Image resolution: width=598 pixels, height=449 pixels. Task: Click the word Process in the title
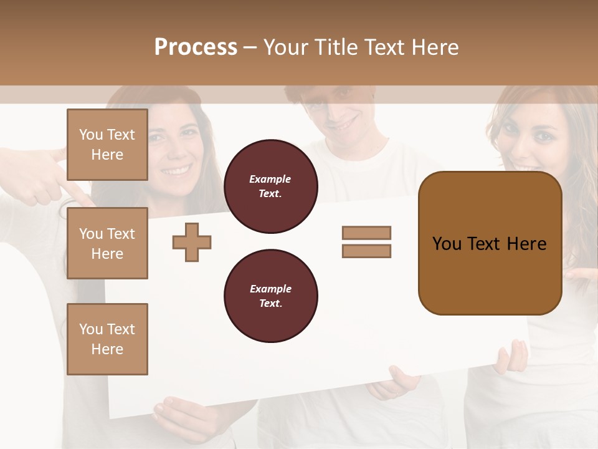196,47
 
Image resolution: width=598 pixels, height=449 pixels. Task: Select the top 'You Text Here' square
107,145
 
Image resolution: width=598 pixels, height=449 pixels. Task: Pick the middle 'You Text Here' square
107,243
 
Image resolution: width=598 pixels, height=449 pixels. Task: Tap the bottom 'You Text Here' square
107,339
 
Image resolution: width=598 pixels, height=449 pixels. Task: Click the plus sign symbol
192,242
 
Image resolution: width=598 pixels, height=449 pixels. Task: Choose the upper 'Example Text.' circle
270,186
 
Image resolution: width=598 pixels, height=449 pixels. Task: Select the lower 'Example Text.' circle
270,296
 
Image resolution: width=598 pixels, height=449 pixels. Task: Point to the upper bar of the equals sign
366,233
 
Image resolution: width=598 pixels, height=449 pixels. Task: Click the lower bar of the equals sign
366,251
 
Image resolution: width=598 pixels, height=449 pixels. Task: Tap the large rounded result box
490,243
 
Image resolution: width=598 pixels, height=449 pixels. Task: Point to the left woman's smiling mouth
176,169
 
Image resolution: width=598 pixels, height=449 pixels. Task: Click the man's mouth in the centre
339,120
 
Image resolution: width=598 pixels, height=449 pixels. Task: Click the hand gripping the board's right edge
512,357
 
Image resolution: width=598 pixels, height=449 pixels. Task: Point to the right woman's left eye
543,135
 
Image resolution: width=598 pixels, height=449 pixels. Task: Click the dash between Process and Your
250,47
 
